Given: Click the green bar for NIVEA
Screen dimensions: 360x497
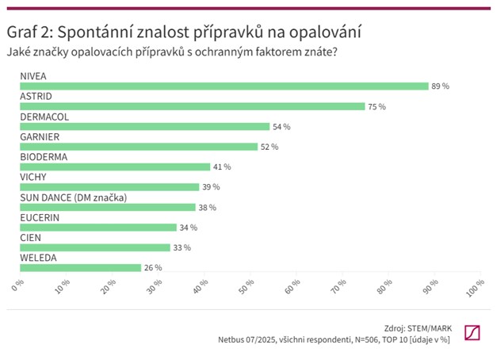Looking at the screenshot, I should click(223, 86).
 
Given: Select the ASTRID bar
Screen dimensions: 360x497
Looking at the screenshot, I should click(191, 105).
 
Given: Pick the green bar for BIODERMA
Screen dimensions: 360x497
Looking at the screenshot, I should click(113, 167).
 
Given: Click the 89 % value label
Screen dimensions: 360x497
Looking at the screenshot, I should click(440, 86).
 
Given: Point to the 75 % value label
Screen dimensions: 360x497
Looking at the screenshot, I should click(377, 105).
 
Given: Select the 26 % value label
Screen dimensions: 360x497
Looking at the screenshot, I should click(152, 268).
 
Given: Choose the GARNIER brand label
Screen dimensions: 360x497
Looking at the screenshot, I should click(40, 136).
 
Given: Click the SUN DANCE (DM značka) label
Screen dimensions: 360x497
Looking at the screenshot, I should click(73, 197).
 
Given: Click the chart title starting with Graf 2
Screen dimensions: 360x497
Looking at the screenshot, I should click(184, 33).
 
